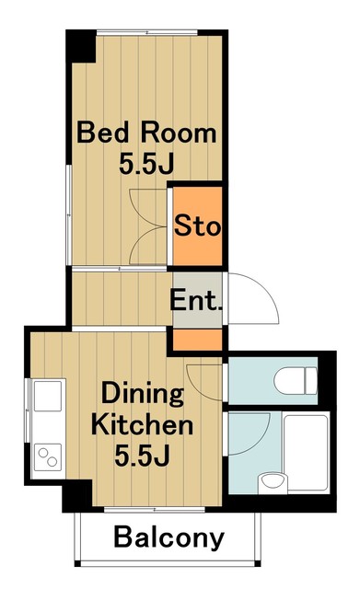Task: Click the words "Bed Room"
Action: click(x=146, y=133)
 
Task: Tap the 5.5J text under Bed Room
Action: click(x=146, y=165)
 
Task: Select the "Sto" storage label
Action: click(x=197, y=225)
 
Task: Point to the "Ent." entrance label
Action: click(x=197, y=300)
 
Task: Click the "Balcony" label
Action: click(x=168, y=538)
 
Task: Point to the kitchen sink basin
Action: click(x=47, y=398)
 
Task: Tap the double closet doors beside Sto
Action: click(x=147, y=225)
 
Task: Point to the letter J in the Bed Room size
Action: click(x=168, y=165)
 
